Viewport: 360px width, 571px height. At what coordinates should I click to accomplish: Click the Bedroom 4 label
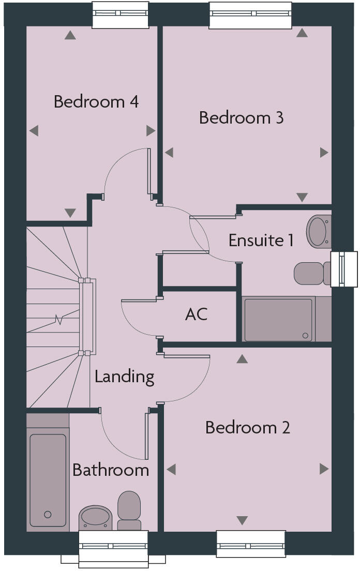[96, 101]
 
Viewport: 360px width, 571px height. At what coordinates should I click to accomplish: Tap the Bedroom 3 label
[241, 118]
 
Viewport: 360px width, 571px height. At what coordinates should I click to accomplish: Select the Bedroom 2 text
[248, 428]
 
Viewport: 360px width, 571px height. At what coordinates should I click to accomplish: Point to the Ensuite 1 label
[261, 241]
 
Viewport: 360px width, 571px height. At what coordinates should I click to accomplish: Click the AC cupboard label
[196, 314]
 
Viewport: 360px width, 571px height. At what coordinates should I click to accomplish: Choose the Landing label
[124, 377]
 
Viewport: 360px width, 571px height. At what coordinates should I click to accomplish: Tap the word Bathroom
[111, 470]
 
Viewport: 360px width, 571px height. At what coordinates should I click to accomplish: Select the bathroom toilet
[129, 509]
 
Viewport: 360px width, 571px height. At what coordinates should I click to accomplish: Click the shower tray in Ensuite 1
[279, 319]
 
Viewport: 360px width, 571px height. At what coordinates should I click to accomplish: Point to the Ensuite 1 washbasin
[318, 231]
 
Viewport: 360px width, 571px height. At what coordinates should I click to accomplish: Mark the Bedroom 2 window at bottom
[251, 544]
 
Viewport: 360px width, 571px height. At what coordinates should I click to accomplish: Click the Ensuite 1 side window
[344, 269]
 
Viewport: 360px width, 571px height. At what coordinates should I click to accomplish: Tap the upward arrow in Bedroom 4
[70, 36]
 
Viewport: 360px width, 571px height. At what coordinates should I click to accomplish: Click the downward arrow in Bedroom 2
[242, 520]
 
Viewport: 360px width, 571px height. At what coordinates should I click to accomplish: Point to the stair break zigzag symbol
[59, 320]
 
